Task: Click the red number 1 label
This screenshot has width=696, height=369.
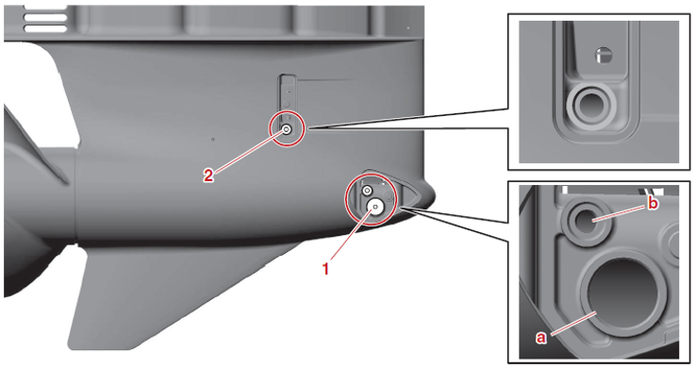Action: [325, 269]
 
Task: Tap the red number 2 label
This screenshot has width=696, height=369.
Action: [208, 176]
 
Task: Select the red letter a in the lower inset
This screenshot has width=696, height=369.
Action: [540, 338]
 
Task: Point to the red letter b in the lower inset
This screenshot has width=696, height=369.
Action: [653, 204]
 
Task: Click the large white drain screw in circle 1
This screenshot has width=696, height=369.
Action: [376, 207]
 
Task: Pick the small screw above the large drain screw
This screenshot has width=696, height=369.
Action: [367, 191]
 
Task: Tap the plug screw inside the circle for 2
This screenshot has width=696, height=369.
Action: [287, 129]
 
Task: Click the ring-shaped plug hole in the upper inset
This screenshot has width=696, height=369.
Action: [590, 107]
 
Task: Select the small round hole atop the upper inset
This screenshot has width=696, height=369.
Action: [604, 56]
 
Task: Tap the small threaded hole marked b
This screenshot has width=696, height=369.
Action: [587, 220]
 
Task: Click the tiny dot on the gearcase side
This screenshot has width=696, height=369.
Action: [213, 140]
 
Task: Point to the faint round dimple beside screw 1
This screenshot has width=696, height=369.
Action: [388, 195]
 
